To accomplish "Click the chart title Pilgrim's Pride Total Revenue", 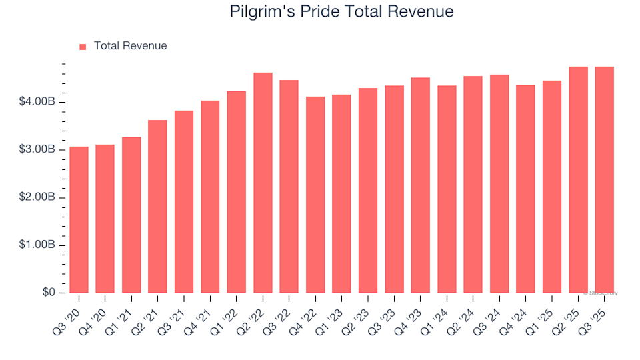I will (341, 11).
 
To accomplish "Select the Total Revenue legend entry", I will (130, 46).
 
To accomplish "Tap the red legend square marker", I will (83, 47).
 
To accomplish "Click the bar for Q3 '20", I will (79, 220).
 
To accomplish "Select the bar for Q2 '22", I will (263, 183).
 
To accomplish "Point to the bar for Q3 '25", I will (604, 180).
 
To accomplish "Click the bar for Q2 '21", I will (157, 207).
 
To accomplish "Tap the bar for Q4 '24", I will (525, 189).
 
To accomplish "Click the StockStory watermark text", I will (601, 293).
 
